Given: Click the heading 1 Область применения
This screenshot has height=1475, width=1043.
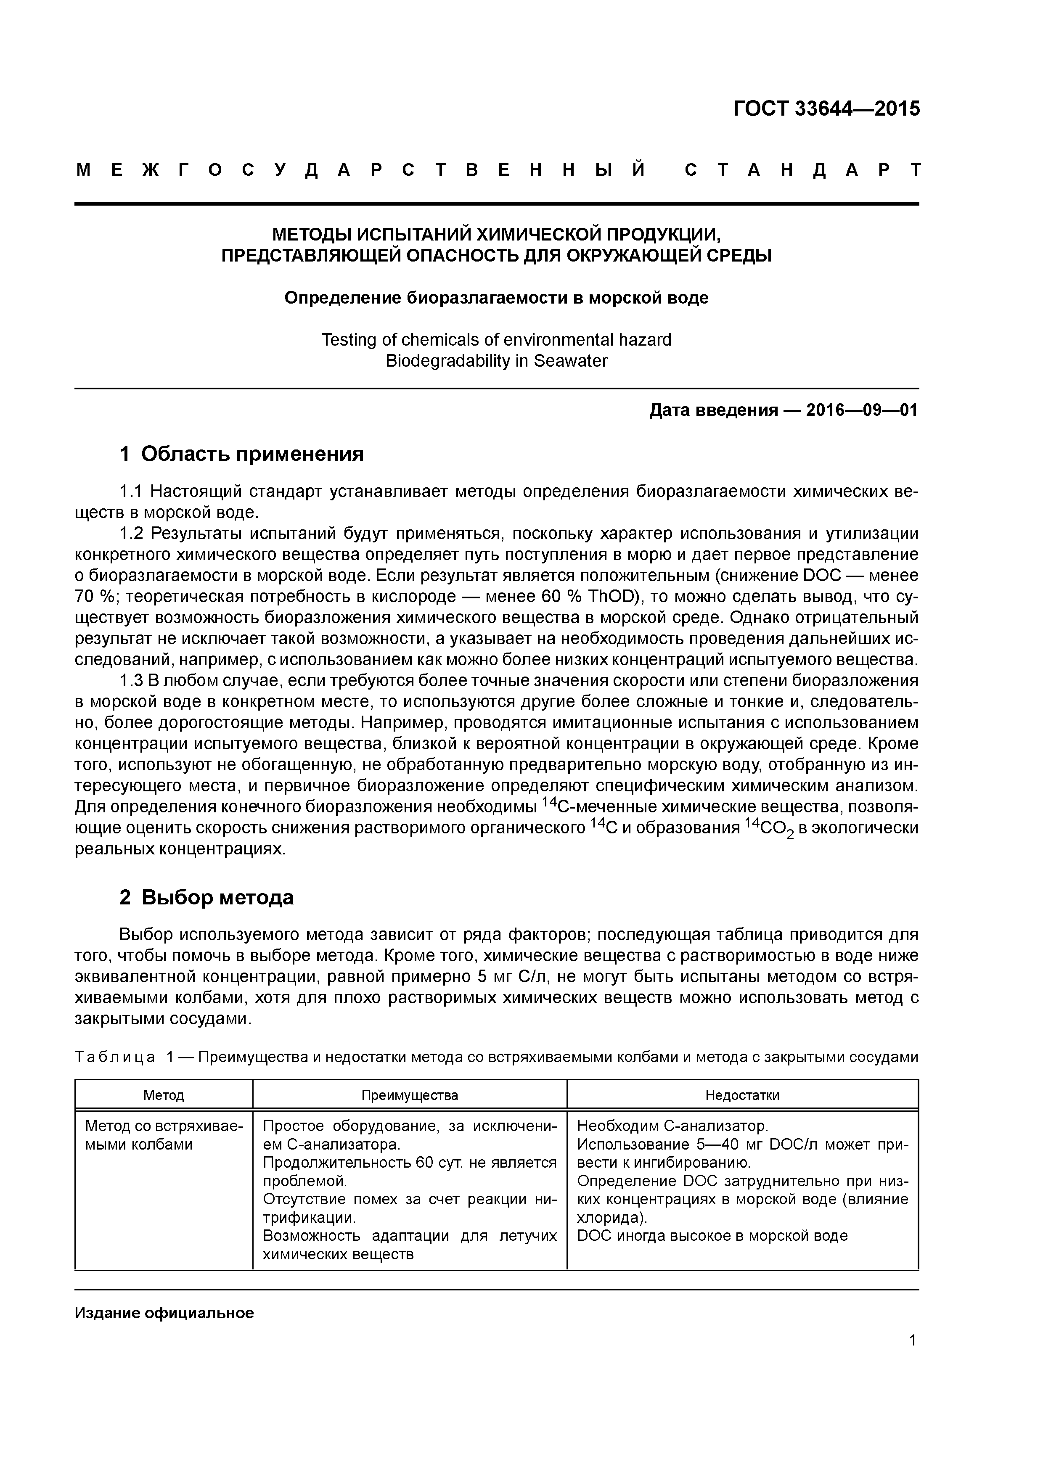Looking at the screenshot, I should click(242, 454).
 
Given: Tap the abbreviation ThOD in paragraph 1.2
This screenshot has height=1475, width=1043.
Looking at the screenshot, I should click(610, 596).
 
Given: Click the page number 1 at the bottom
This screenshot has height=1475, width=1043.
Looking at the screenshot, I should click(913, 1341).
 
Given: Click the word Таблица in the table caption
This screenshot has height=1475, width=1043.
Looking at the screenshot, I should click(114, 1057).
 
